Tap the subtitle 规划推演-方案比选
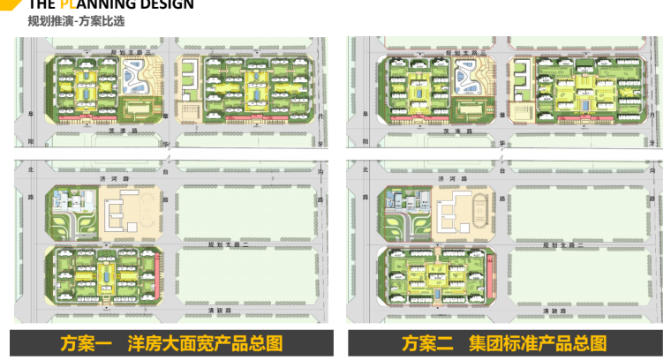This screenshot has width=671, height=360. [x=64, y=21]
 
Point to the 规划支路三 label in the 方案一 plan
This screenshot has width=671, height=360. [x=126, y=53]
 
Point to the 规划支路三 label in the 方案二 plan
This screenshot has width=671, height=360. [x=460, y=53]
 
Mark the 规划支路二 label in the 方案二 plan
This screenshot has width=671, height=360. [x=556, y=243]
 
